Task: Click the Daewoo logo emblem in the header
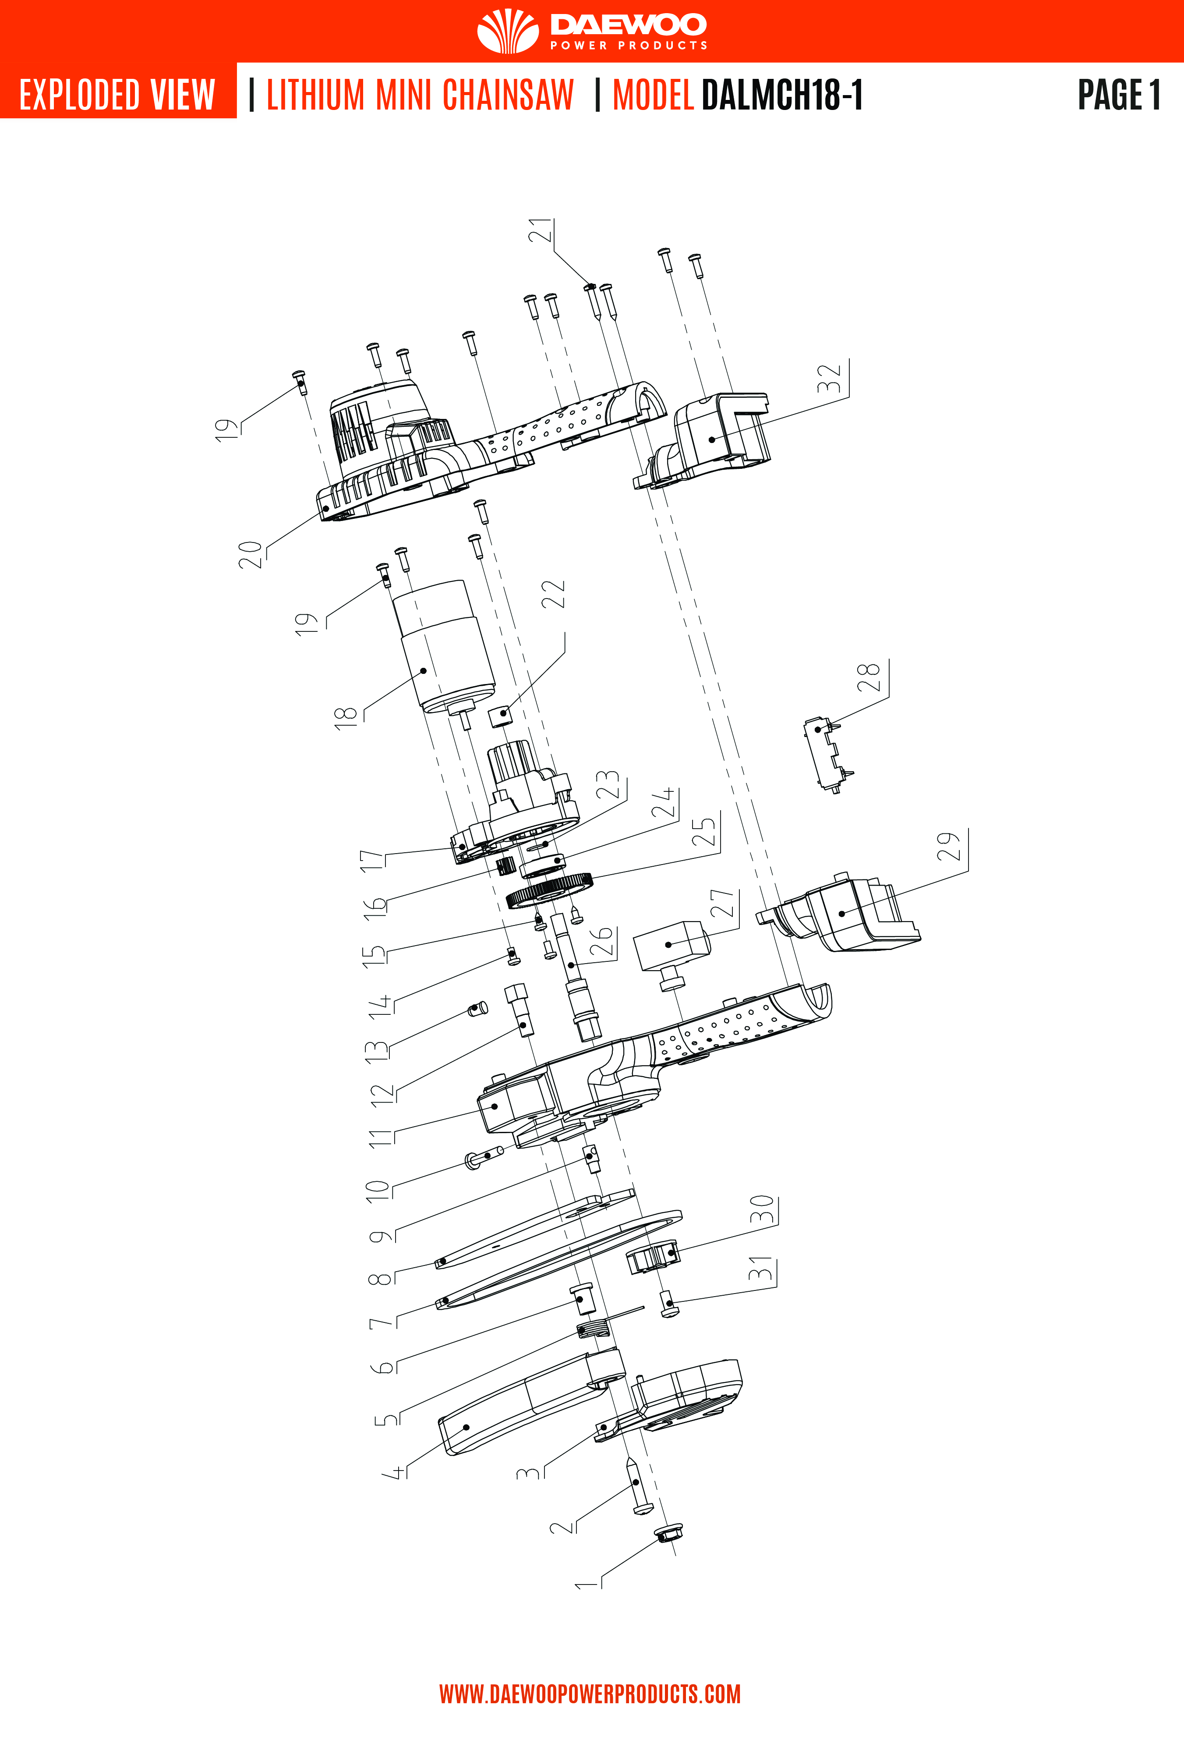pos(508,31)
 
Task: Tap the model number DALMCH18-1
pos(782,95)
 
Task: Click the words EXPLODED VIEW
pos(117,95)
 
